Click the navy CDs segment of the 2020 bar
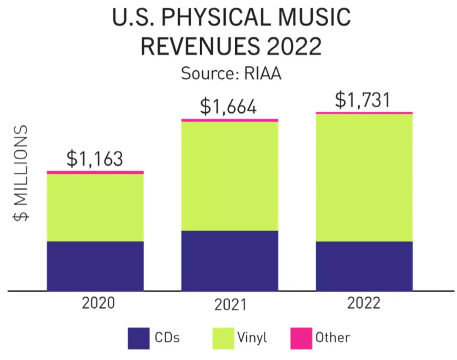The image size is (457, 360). tap(95, 266)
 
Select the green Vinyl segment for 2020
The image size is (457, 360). tap(95, 208)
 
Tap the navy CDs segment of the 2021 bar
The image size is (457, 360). tap(230, 261)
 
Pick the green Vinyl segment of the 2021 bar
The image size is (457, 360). tap(230, 176)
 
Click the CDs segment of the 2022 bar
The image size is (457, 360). tap(364, 266)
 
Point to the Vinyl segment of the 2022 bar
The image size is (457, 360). tap(364, 177)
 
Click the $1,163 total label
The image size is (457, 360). tap(95, 159)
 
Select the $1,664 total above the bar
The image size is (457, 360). tap(228, 107)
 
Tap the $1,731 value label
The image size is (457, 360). tap(363, 100)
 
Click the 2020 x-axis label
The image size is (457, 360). tap(99, 303)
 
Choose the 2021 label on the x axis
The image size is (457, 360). tap(231, 305)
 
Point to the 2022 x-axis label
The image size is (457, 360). tap(364, 303)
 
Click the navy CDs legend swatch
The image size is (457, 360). tap(139, 338)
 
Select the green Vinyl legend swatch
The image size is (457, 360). tap(223, 338)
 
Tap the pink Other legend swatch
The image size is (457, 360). tap(301, 338)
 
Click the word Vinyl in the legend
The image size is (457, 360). tap(252, 338)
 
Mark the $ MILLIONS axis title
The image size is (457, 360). tap(21, 173)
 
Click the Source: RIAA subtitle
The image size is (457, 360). tap(231, 73)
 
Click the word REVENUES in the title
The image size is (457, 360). tap(200, 46)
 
